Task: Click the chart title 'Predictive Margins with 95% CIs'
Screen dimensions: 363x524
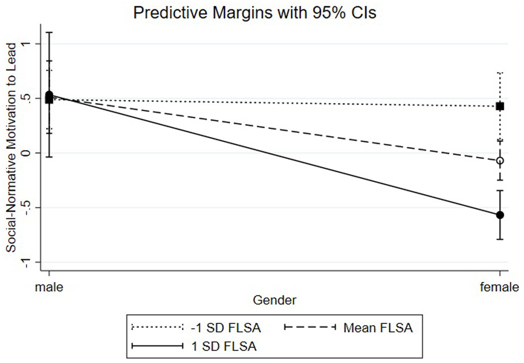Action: tap(254, 13)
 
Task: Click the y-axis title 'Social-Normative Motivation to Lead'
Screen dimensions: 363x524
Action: tap(11, 147)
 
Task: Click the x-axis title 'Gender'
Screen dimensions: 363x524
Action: tap(274, 300)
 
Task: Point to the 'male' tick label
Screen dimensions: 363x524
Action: tap(49, 287)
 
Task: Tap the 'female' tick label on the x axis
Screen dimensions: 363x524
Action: tap(499, 287)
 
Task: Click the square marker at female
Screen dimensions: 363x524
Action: tap(500, 106)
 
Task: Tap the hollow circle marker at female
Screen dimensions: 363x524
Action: tap(500, 160)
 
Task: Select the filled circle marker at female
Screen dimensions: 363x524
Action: tap(500, 215)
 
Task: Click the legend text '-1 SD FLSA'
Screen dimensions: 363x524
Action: tap(226, 328)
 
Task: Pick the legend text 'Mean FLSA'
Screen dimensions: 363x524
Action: tap(378, 328)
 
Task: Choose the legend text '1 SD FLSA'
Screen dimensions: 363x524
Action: tap(224, 346)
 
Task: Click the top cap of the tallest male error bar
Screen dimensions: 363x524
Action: tap(49, 33)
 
